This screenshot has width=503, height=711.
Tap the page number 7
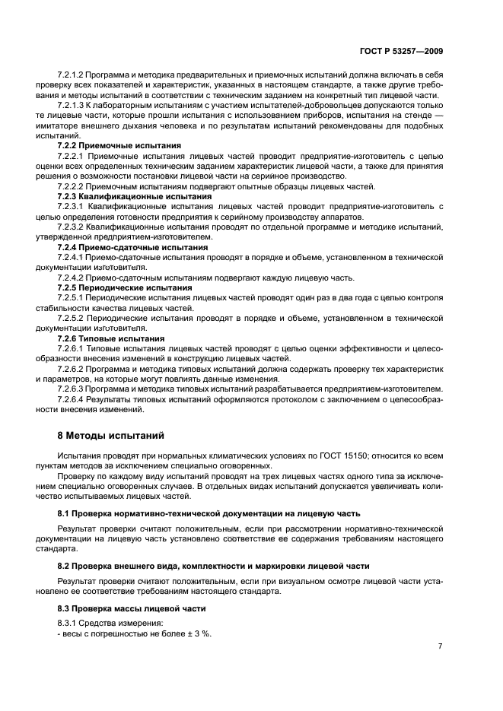point(440,646)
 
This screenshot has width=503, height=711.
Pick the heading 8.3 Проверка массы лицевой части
point(132,608)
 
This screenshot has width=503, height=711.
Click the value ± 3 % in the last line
point(198,634)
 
